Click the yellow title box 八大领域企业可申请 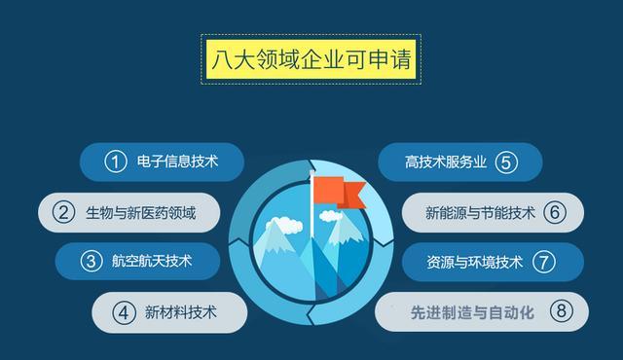point(311,59)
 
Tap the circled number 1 point(118,162)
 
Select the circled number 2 point(64,212)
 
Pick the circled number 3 point(92,262)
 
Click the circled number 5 point(504,162)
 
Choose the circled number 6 point(555,212)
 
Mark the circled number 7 point(543,262)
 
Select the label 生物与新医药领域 point(140,212)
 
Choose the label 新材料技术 point(181,312)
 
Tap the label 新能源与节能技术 point(481,212)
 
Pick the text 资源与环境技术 point(475,262)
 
